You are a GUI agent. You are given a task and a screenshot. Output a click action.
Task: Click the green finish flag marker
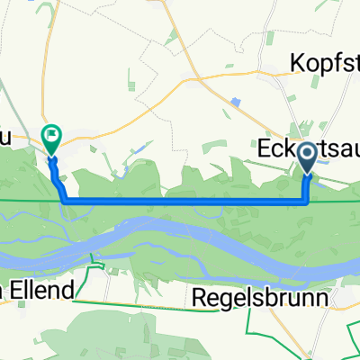pyautogui.click(x=51, y=139)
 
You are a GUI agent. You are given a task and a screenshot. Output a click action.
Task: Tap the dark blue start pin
pyautogui.click(x=308, y=157)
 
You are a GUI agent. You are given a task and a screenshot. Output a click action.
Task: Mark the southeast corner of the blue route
pyautogui.click(x=308, y=177)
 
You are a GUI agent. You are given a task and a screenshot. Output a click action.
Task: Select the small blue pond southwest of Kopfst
pyautogui.click(x=236, y=102)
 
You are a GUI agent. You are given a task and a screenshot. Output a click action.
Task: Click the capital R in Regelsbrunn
pyautogui.click(x=201, y=294)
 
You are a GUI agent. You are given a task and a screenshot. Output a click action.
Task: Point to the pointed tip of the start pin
pyautogui.click(x=308, y=172)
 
